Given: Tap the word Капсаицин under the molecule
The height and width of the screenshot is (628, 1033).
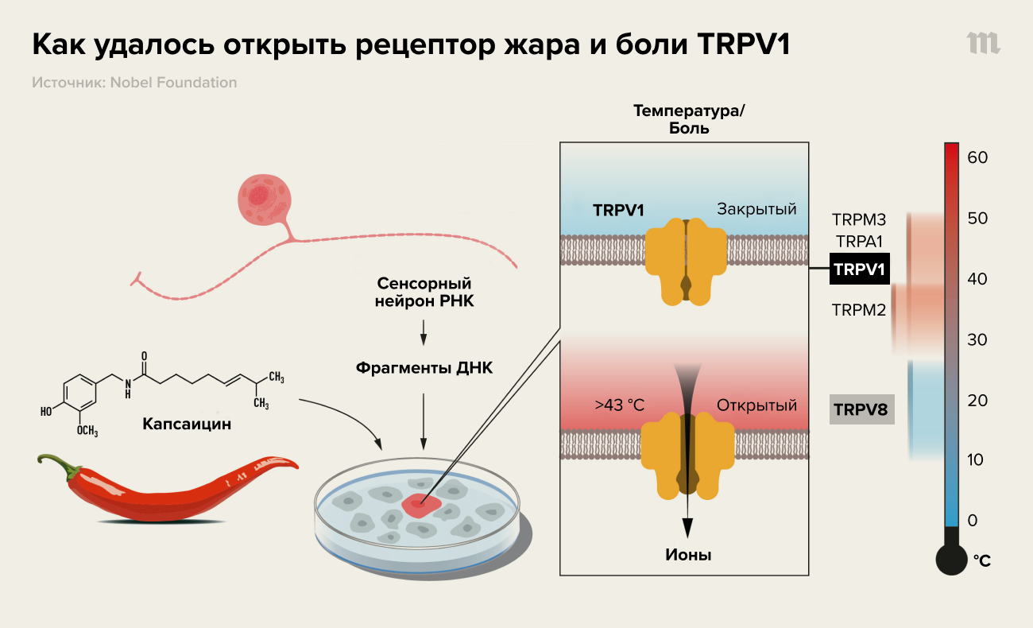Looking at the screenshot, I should [187, 424].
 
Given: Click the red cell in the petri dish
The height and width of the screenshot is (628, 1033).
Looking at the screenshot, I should [419, 503].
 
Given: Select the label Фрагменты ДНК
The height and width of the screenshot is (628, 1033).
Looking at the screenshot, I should [424, 368].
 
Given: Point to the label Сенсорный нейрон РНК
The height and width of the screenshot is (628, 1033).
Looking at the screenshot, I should [424, 293].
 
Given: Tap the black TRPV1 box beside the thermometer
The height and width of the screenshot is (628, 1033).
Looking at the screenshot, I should [859, 270].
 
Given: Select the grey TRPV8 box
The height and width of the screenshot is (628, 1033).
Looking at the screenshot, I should [860, 411].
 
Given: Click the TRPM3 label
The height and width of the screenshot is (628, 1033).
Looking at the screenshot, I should [859, 219].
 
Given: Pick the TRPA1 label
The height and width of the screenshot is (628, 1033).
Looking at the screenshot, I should [859, 240].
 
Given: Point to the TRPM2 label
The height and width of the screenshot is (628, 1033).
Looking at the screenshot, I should [859, 310].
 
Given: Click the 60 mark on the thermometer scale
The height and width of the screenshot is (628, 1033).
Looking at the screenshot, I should [977, 157].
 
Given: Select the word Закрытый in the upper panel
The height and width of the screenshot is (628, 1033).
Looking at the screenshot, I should [756, 210].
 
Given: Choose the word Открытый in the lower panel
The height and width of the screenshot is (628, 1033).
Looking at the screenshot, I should [756, 405].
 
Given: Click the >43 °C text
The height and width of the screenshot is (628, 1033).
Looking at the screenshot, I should [620, 405].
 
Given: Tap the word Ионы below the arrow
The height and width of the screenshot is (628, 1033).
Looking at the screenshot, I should [688, 555].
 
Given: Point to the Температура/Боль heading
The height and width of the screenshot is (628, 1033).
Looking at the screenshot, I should [688, 119].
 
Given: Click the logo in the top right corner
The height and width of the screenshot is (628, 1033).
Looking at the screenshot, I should [983, 44].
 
